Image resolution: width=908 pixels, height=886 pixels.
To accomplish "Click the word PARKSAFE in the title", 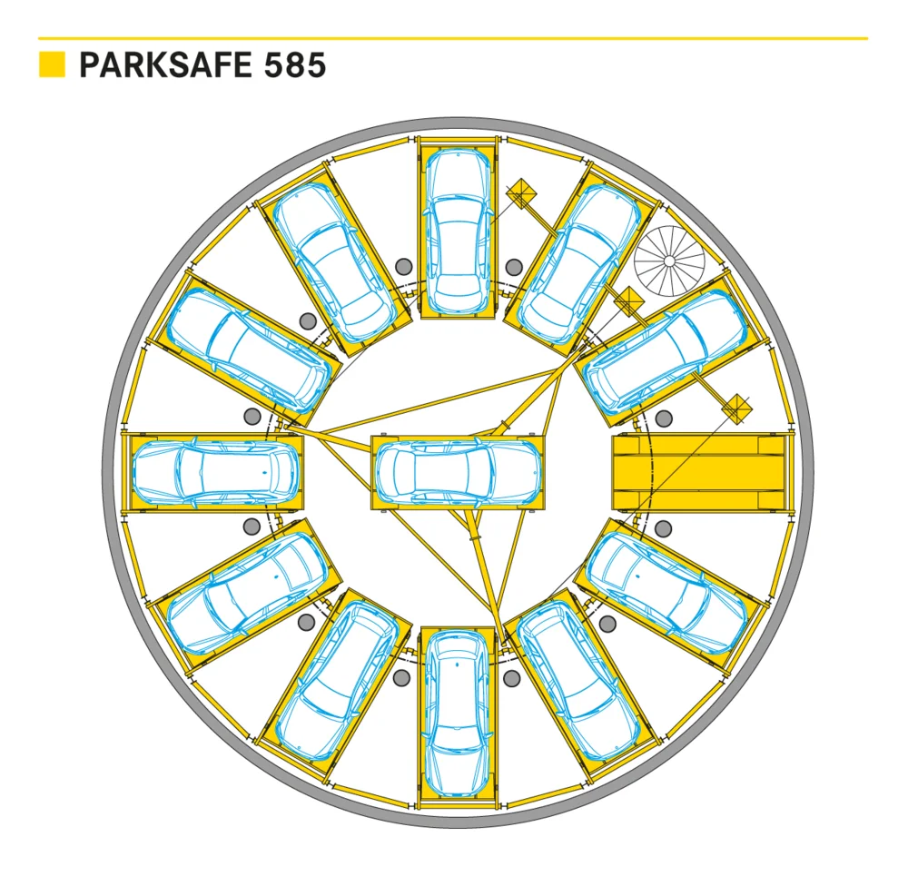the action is coord(165,64).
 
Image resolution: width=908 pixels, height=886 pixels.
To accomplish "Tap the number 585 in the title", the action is coord(295,64).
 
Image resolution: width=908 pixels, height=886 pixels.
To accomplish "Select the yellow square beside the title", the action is coord(52,64).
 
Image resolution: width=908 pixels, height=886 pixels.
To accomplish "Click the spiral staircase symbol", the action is coord(669,261).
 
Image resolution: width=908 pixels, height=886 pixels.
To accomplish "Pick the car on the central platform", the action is coord(458,472).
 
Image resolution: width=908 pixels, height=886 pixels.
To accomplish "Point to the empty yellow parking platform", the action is coord(699,473).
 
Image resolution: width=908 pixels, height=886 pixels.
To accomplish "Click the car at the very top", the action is coord(458,231).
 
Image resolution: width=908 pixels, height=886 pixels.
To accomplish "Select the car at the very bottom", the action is coord(458,714).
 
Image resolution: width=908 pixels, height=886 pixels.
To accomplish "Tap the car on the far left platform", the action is coord(216,472).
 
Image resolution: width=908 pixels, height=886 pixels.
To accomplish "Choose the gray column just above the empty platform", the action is coord(664,418).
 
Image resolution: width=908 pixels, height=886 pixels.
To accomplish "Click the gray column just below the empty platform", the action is coord(663,528).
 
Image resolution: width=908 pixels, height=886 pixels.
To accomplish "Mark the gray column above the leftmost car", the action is coord(252,416).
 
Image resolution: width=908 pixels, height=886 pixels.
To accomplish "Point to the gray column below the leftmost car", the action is coord(252,527).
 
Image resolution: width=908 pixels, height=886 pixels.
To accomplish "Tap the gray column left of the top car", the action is coord(404,267).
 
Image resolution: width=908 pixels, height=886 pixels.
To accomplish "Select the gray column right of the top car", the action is coord(514,267).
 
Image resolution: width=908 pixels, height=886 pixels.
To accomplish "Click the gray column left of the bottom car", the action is coord(401,678).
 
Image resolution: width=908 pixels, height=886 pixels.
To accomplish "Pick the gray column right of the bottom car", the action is coord(512,678).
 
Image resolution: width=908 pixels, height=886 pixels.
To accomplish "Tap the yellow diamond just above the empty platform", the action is coord(736,409).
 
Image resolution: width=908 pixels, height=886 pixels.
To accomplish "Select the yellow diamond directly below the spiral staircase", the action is coord(629,301).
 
